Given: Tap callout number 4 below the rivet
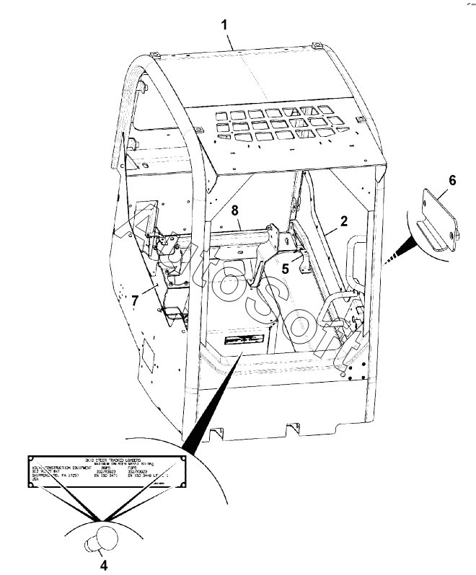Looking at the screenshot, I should point(103,565).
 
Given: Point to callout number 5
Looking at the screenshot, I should point(286,267).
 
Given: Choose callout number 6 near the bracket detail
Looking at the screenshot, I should point(452,179).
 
